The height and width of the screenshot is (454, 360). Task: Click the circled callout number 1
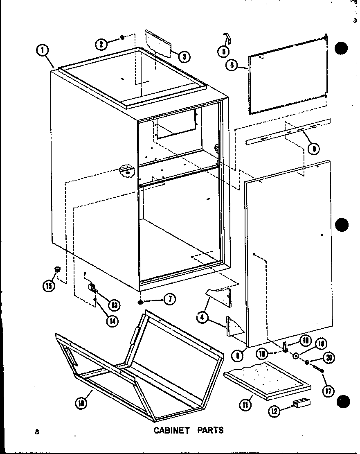(x=42, y=51)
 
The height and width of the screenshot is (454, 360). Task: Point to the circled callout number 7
(x=169, y=300)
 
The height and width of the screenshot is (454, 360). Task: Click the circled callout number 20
(x=328, y=358)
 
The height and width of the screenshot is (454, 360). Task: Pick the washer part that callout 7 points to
(x=141, y=302)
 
